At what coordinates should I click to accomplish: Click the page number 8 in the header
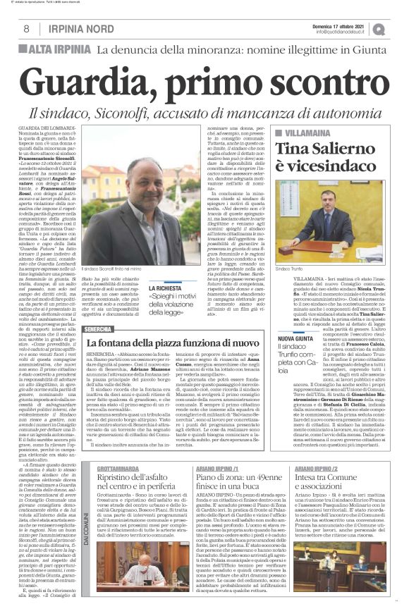click(26, 29)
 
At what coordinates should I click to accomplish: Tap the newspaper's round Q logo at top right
click(399, 29)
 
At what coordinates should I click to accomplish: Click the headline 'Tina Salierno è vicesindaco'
click(329, 159)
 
